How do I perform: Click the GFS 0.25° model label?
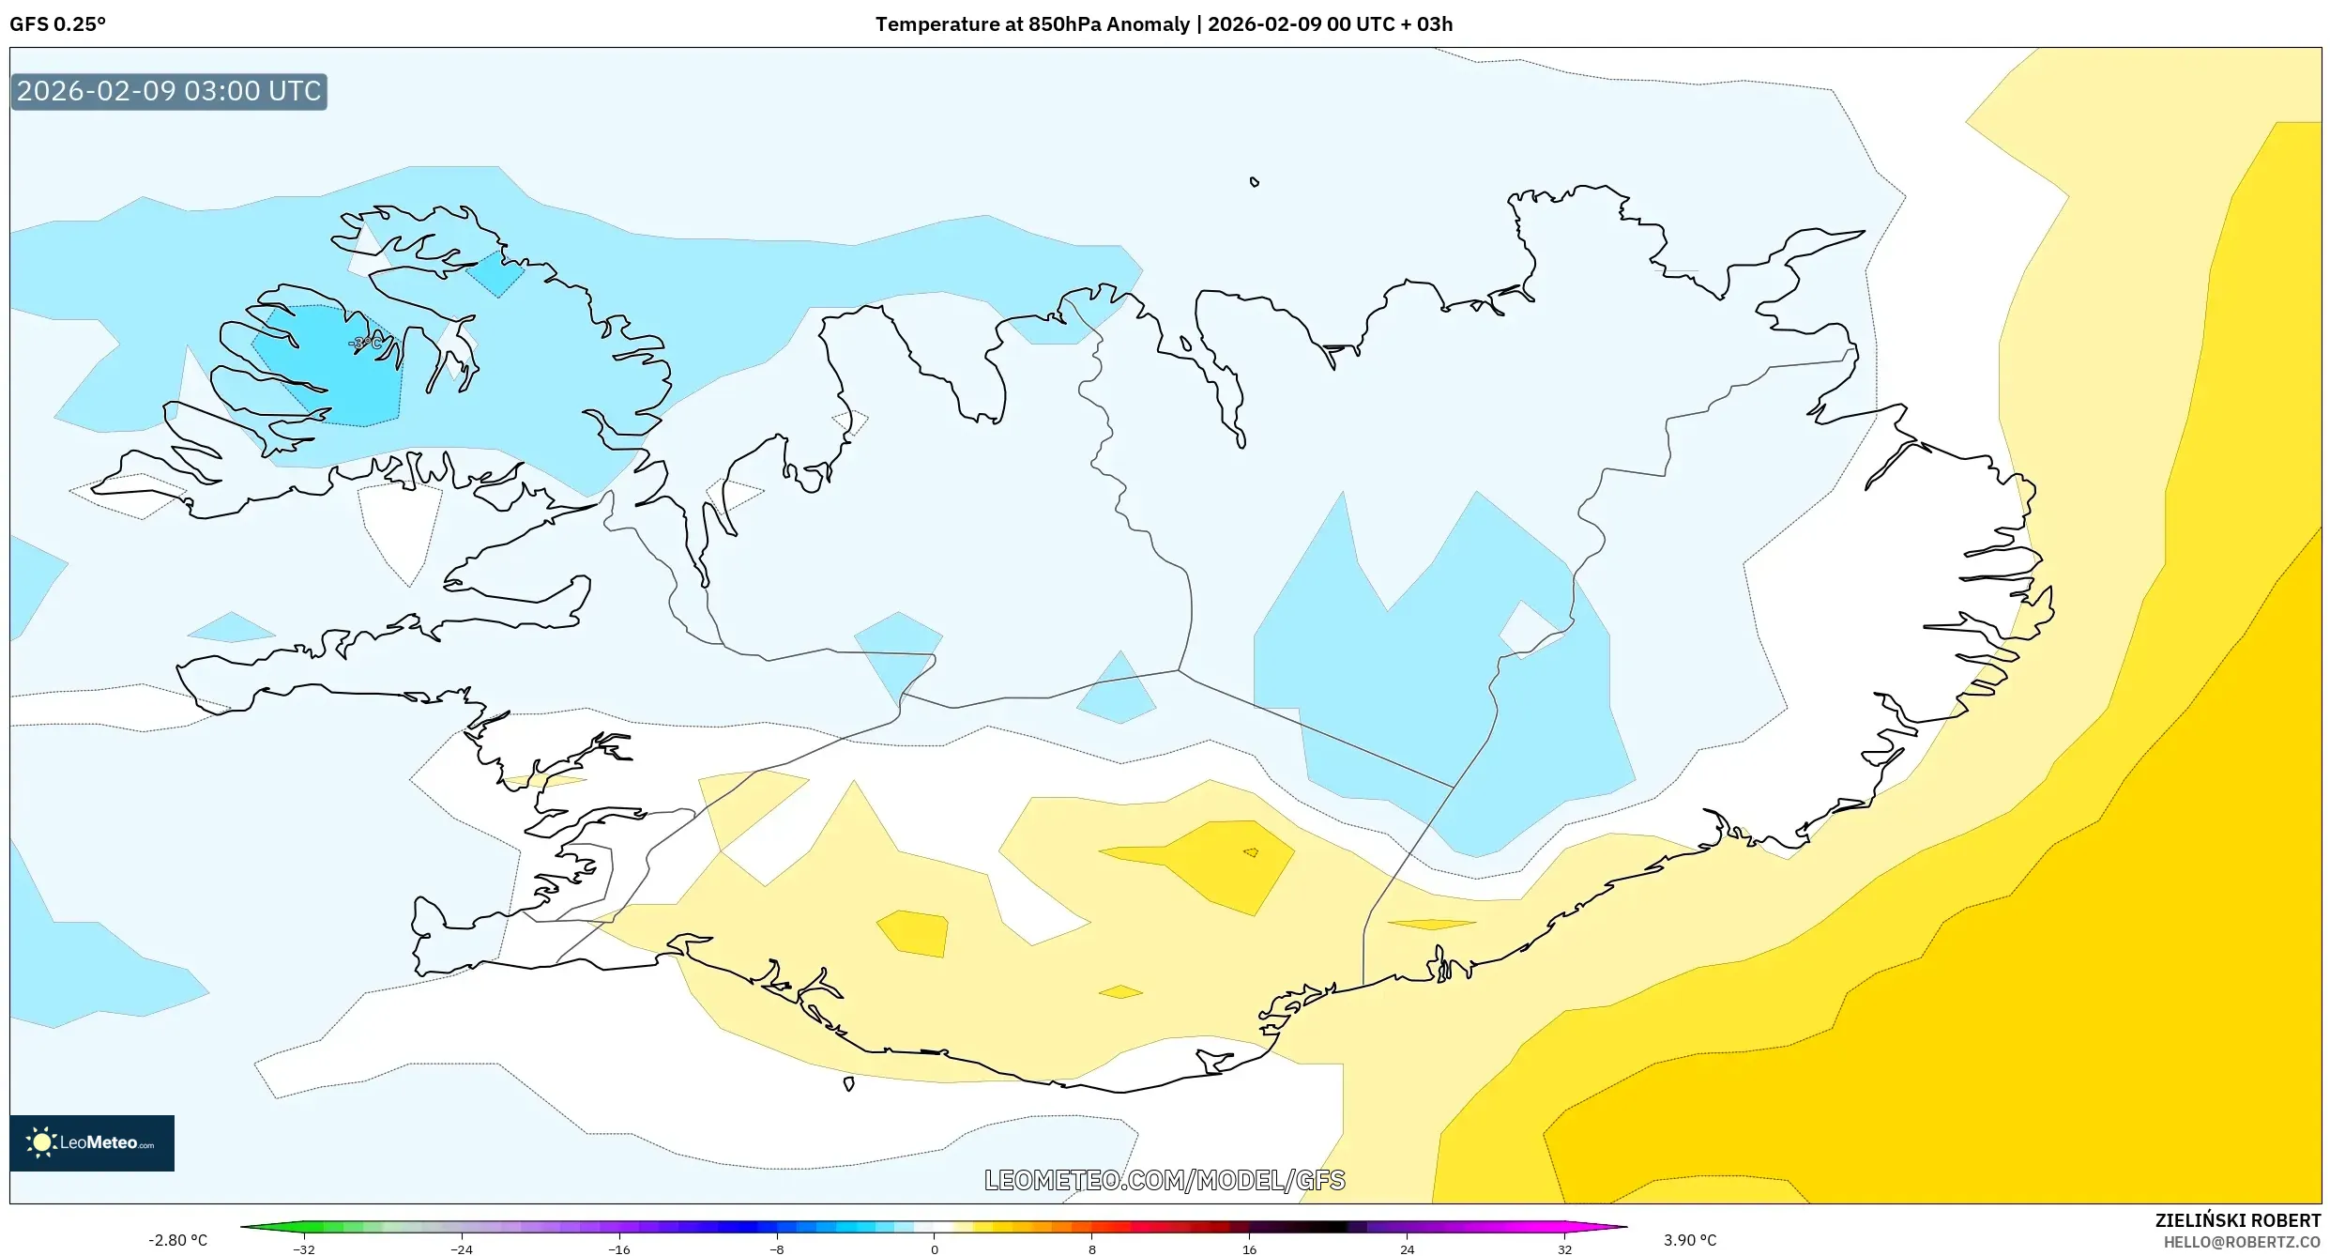58,24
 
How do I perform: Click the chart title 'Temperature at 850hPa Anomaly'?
1032,24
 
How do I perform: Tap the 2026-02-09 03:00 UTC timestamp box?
169,92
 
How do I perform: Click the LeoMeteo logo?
92,1142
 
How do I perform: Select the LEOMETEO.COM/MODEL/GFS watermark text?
1165,1180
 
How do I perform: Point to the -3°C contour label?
365,344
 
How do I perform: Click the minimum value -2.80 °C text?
177,1240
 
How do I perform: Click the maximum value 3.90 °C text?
1690,1240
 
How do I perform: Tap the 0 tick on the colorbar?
934,1249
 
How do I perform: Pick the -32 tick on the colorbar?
304,1249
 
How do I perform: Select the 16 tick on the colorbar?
1249,1249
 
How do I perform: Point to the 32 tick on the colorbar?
1564,1249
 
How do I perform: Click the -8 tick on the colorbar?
776,1249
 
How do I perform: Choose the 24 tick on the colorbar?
1407,1249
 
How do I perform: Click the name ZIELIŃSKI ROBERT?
2237,1220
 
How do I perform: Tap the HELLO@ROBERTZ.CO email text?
2242,1242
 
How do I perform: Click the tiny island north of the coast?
1254,182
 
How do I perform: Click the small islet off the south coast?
848,1083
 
